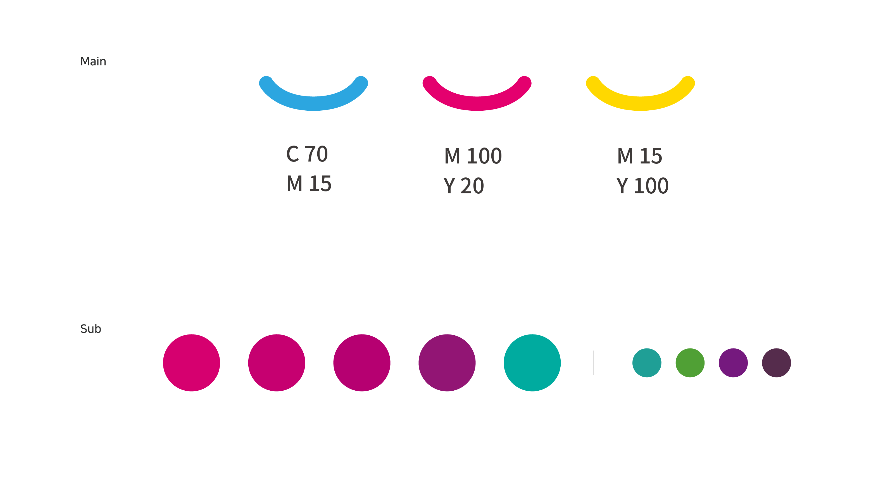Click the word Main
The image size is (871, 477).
(x=93, y=61)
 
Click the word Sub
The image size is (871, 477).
(x=91, y=329)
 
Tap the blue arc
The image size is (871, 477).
(x=313, y=103)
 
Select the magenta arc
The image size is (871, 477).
(x=477, y=103)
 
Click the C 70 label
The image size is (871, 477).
(x=307, y=154)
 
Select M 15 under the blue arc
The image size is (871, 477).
(x=309, y=184)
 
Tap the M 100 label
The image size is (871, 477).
(x=473, y=156)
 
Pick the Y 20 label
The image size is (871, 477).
(x=463, y=186)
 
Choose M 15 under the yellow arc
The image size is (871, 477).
(x=639, y=156)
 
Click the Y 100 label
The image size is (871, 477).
(x=642, y=186)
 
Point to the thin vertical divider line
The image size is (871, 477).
(x=593, y=363)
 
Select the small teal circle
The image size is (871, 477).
(x=647, y=363)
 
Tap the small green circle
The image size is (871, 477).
(x=690, y=363)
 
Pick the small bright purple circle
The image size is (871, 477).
(x=733, y=363)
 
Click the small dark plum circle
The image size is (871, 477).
(x=777, y=363)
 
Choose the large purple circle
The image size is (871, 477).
(x=447, y=363)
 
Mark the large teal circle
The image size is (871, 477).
(x=532, y=363)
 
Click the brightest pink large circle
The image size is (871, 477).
(x=191, y=363)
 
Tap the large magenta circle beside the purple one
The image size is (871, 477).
(x=362, y=363)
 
